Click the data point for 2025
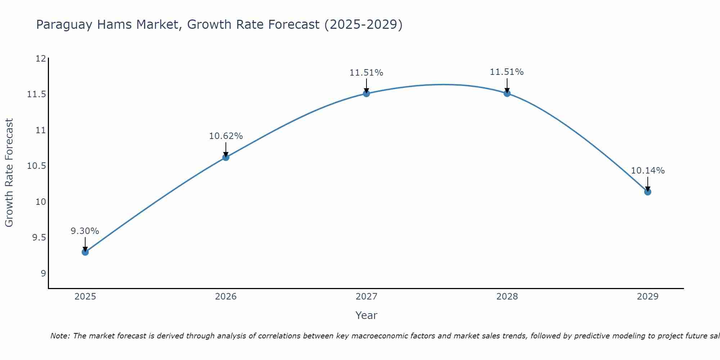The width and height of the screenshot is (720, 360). click(85, 252)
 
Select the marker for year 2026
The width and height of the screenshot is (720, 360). click(226, 157)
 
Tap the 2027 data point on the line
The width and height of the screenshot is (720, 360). click(366, 94)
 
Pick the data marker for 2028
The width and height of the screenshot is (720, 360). click(507, 94)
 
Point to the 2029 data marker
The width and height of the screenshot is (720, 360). click(648, 192)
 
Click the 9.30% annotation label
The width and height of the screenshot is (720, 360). click(85, 231)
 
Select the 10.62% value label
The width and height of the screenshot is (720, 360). click(226, 136)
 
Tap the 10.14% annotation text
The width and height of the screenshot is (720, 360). click(648, 171)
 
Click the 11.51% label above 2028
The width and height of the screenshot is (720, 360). click(507, 72)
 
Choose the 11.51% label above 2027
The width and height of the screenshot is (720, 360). click(366, 73)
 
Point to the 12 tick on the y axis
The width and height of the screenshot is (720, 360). click(41, 59)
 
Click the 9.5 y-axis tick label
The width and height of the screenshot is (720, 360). click(39, 238)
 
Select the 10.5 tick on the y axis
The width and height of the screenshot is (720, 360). click(37, 166)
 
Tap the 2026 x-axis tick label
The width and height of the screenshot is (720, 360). click(226, 297)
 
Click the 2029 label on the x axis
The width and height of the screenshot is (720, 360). click(648, 297)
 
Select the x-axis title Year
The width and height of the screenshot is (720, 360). click(366, 315)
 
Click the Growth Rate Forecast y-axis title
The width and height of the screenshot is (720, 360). click(9, 173)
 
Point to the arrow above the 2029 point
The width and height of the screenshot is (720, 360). click(648, 184)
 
